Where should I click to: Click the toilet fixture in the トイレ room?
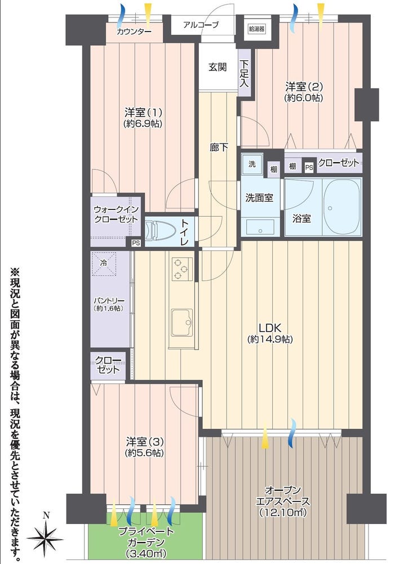(159, 231)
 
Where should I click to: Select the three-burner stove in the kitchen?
(181, 268)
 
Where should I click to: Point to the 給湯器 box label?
(256, 29)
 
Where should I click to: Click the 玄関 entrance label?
(218, 67)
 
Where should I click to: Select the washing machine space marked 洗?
(252, 164)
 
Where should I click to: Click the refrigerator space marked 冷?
(104, 263)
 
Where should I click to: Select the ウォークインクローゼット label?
(116, 214)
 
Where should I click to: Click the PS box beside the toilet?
(136, 243)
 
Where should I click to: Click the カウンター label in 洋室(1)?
(134, 32)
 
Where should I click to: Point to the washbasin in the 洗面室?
(260, 227)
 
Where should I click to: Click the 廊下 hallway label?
(219, 147)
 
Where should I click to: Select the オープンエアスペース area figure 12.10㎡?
(283, 513)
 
